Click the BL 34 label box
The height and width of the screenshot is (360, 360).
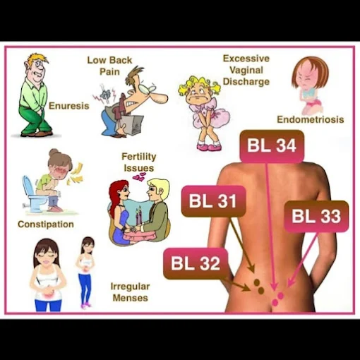[272, 146]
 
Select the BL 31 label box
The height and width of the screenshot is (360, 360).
[214, 201]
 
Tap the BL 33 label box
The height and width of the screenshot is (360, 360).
[316, 217]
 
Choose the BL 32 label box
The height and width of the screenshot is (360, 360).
[196, 264]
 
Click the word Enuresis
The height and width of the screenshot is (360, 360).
[69, 106]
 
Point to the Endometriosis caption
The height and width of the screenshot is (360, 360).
[311, 119]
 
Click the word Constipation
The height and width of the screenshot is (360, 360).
[46, 224]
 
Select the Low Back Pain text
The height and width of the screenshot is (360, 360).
[109, 66]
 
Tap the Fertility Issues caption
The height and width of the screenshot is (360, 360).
[139, 162]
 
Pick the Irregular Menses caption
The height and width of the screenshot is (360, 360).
[130, 292]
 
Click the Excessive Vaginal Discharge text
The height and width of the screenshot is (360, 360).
[246, 70]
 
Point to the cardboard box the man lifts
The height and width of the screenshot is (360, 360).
[132, 125]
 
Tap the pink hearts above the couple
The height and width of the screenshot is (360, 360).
[139, 176]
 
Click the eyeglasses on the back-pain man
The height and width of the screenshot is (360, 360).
[147, 88]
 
